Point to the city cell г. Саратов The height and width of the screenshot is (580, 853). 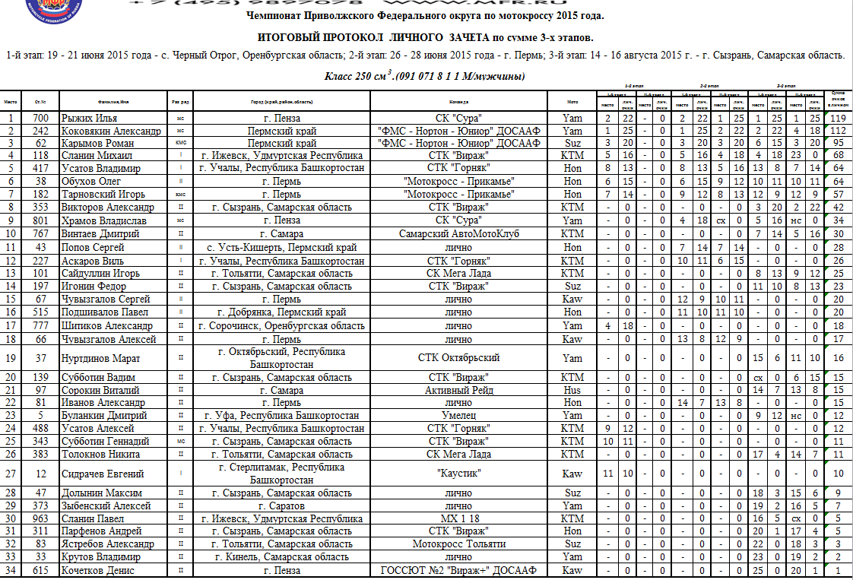tap(282, 506)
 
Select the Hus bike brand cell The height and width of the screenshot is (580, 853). tap(572, 390)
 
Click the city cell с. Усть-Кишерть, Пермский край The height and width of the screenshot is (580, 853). tap(282, 248)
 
